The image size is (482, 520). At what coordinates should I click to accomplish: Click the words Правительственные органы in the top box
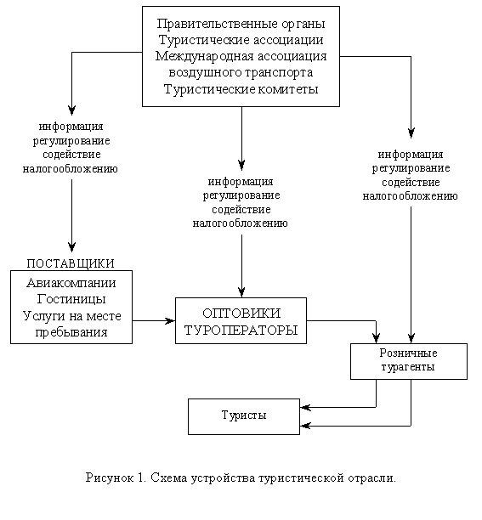click(241, 23)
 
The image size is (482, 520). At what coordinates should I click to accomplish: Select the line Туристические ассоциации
click(241, 40)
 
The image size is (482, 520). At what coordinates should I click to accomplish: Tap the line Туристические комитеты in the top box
click(241, 90)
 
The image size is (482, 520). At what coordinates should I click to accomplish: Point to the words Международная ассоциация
click(241, 56)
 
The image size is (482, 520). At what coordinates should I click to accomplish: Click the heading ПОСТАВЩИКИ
click(71, 263)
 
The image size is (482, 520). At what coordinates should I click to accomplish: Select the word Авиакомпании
click(71, 283)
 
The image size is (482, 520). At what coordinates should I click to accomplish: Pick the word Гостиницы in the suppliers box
click(71, 299)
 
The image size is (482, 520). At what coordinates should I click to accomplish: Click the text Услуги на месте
click(71, 315)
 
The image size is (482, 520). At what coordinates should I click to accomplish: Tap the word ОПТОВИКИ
click(241, 313)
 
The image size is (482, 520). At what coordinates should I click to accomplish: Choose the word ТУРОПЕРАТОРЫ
click(241, 329)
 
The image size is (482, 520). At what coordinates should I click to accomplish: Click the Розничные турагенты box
click(407, 360)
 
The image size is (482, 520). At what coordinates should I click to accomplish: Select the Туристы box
click(244, 415)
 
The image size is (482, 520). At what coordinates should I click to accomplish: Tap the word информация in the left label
click(71, 127)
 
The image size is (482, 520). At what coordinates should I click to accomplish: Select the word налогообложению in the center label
click(241, 223)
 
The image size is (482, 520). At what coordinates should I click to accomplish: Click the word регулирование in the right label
click(411, 168)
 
